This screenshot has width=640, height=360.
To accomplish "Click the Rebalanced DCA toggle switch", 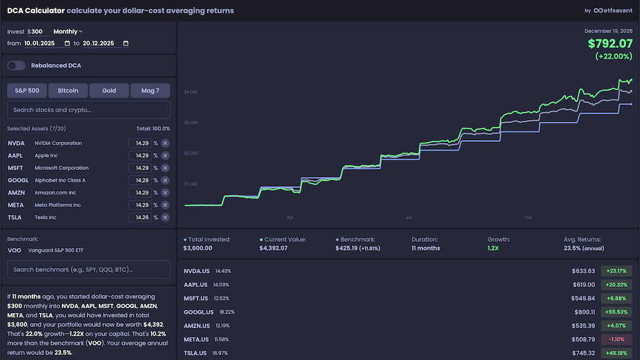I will (x=16, y=66).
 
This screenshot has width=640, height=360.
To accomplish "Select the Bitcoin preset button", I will (x=68, y=91).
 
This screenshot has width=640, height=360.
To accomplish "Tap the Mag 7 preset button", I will (x=150, y=91).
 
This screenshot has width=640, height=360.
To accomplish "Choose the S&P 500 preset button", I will (x=27, y=91).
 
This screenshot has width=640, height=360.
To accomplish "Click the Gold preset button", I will (x=109, y=91).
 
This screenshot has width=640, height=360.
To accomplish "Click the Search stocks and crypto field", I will (x=88, y=110).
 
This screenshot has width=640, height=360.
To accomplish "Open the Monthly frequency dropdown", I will (x=67, y=31).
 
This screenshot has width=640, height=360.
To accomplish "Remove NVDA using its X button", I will (x=165, y=143).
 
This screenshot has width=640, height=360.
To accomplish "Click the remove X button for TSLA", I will (x=165, y=217).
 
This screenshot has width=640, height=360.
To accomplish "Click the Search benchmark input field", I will (x=88, y=269).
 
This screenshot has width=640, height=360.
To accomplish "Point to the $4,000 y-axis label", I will (x=192, y=92).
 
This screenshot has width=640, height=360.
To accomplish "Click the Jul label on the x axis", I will (x=408, y=218).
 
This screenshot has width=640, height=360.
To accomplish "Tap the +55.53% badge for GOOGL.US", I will (x=616, y=312).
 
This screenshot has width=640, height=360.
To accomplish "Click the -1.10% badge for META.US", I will (x=616, y=339).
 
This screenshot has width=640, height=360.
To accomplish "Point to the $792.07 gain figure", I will (x=610, y=44).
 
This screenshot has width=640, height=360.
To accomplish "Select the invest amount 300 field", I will (x=37, y=31).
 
